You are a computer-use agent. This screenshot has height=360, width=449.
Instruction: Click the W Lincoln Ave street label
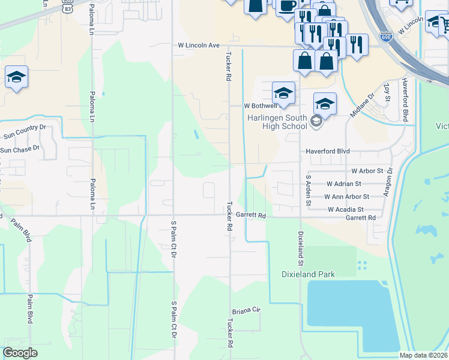199,46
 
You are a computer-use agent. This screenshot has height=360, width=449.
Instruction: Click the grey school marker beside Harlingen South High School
316,122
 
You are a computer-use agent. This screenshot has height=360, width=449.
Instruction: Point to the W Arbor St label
367,171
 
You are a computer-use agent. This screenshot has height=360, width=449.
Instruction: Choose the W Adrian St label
344,184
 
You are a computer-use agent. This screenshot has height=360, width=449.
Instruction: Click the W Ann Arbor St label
347,197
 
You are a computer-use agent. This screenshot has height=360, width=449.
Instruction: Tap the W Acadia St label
346,209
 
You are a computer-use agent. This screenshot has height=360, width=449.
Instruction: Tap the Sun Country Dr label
25,128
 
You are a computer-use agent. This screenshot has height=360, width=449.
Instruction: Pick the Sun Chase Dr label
20,149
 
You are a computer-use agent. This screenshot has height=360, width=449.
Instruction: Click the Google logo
20,353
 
